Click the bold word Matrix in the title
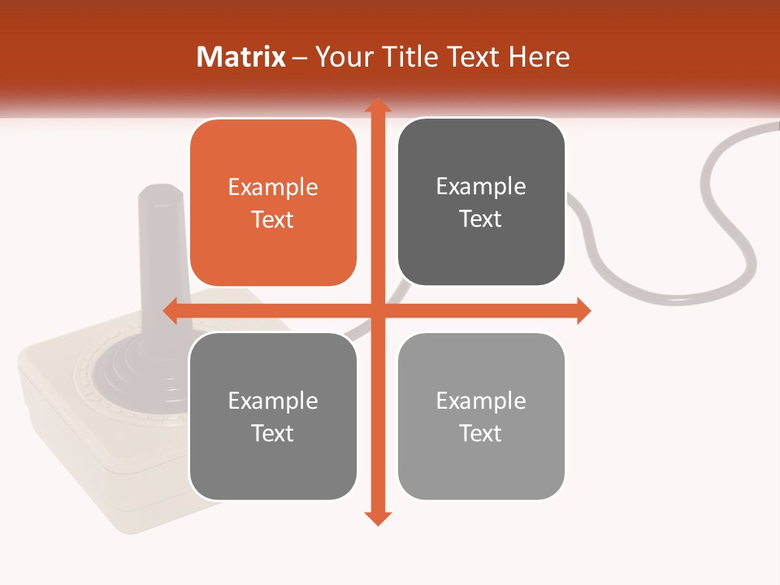[241, 57]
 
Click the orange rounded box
[273, 203]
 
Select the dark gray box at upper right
[481, 202]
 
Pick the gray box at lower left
[273, 417]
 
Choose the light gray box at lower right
[481, 417]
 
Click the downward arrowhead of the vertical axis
[377, 518]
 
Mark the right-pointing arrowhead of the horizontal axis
[583, 310]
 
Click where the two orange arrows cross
[377, 310]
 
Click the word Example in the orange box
[273, 188]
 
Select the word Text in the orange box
[273, 219]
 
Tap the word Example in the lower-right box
[481, 401]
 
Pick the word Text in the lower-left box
[273, 433]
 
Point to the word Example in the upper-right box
[481, 187]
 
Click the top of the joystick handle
[154, 195]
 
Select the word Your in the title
[344, 57]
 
